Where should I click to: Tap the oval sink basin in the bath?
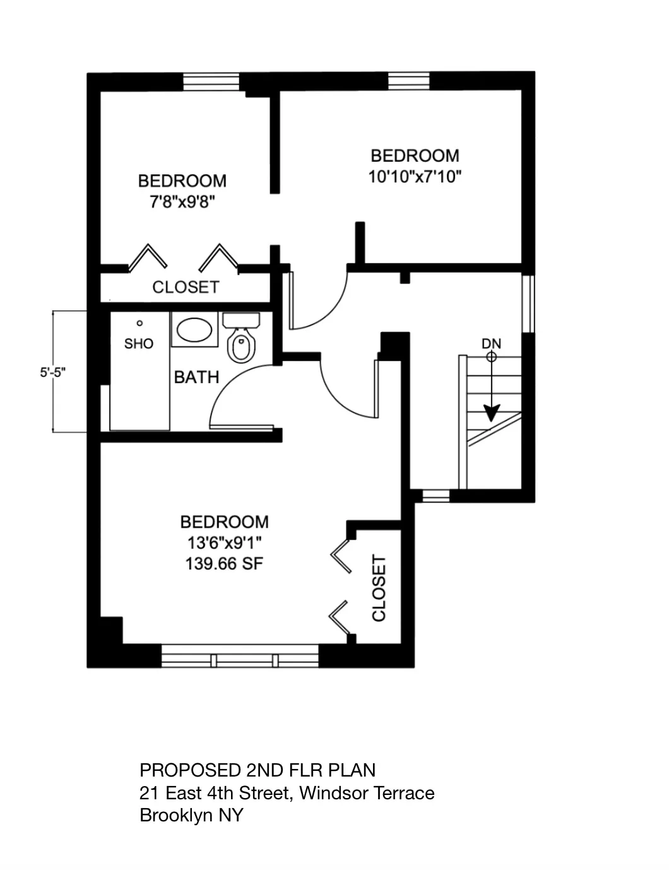[194, 330]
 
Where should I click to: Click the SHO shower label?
[139, 344]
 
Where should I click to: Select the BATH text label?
[196, 378]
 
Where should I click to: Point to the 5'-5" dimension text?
[53, 372]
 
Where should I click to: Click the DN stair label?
[491, 344]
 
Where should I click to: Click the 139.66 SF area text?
[224, 564]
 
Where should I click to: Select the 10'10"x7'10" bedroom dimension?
[415, 177]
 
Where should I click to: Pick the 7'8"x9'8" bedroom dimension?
[182, 202]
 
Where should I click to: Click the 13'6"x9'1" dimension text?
[224, 543]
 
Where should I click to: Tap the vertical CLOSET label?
[379, 588]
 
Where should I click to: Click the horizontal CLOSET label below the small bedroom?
[186, 288]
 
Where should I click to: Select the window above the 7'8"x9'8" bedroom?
[211, 82]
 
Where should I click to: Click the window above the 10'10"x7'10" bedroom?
[408, 81]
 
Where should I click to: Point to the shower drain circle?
[139, 323]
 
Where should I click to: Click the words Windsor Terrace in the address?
[367, 793]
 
